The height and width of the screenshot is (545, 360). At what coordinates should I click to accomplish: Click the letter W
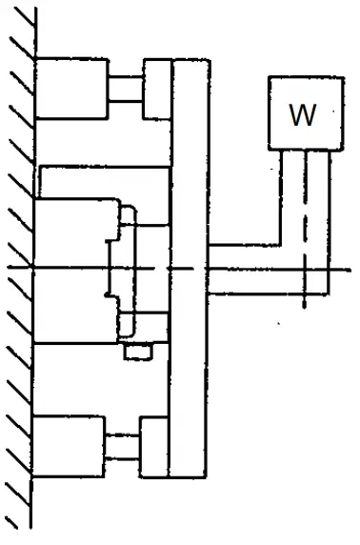302,114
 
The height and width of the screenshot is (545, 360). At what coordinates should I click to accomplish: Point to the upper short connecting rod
125,89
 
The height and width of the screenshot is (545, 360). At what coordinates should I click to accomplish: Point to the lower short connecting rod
122,446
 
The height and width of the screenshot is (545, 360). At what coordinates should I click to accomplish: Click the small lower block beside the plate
154,446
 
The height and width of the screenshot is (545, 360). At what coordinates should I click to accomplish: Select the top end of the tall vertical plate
190,59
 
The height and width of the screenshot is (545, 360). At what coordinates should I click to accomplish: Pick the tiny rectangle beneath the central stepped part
138,353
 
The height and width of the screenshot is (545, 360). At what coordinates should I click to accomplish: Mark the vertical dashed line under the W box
305,238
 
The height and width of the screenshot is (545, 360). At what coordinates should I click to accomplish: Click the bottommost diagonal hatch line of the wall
17,518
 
